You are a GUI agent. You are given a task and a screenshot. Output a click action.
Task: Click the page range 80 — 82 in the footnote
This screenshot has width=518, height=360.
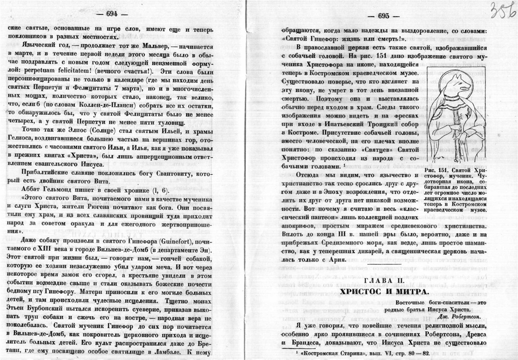[418, 354]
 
